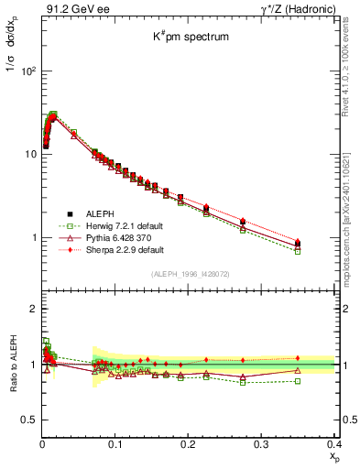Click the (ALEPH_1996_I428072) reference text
[188, 274]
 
